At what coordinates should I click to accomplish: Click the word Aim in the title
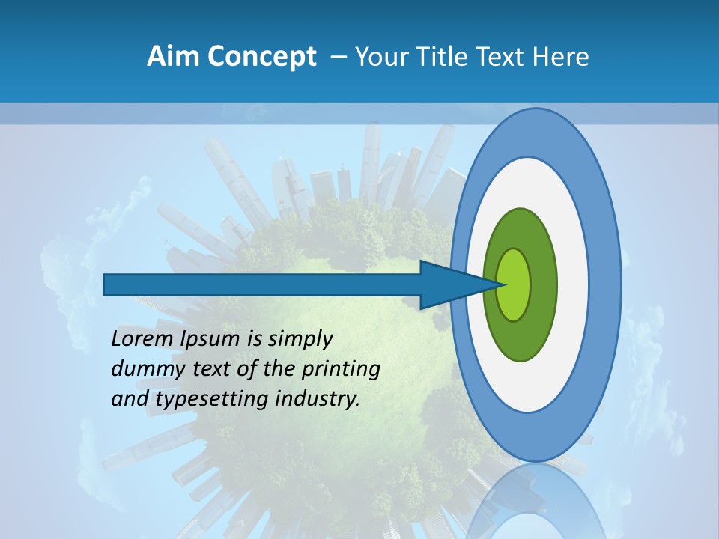[x=174, y=57]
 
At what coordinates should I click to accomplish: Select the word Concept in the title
[x=262, y=57]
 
